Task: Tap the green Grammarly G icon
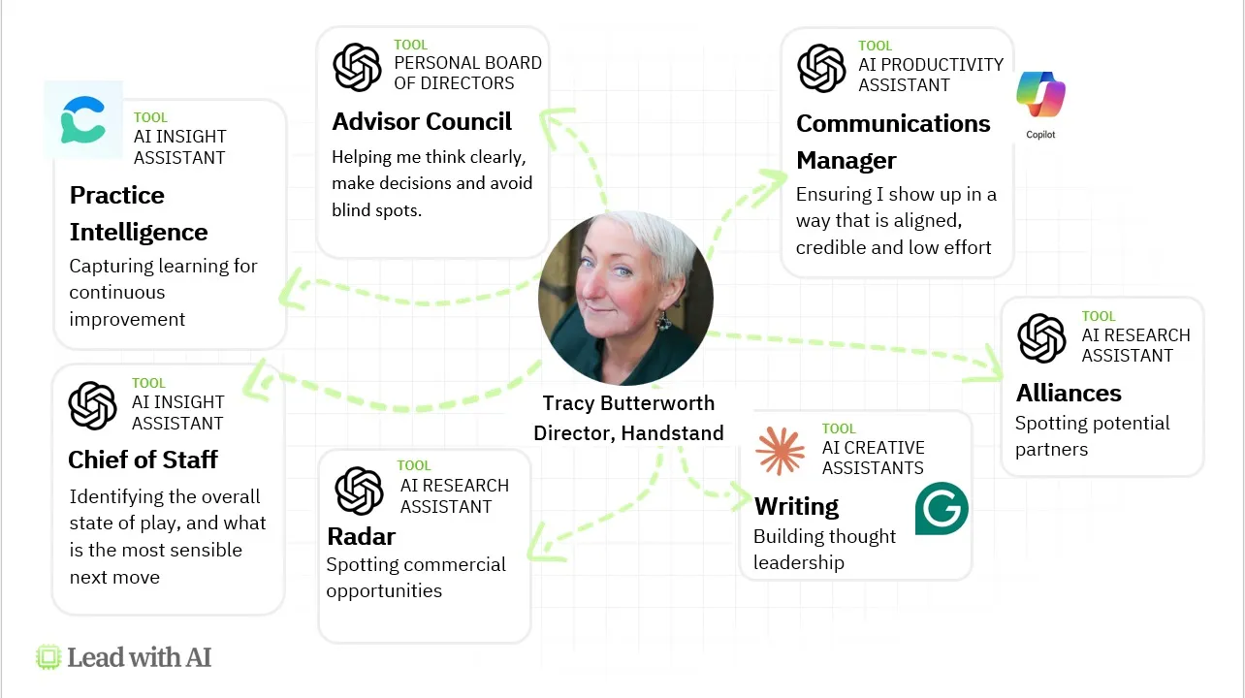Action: click(942, 508)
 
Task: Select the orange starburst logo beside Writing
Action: click(780, 451)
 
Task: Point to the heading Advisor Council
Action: click(422, 122)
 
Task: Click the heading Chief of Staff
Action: click(143, 460)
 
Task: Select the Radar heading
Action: click(362, 536)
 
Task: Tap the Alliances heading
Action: click(1069, 393)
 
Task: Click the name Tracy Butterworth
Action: click(628, 403)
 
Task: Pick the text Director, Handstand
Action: click(628, 433)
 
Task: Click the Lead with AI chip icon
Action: click(48, 657)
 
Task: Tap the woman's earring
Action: click(664, 317)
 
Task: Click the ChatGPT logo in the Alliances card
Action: click(1041, 337)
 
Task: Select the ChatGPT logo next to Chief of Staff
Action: click(93, 405)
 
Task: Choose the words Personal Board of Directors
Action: click(467, 73)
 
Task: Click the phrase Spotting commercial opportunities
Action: click(416, 578)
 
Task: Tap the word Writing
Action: click(796, 506)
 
